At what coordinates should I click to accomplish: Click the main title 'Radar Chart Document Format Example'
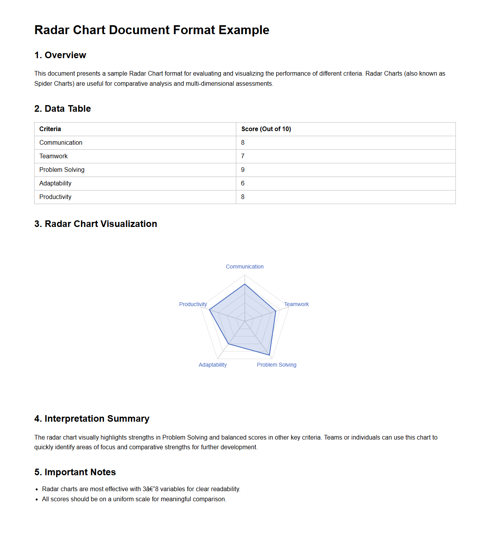(152, 30)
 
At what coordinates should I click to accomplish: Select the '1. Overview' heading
(60, 55)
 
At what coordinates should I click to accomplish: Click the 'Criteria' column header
(50, 129)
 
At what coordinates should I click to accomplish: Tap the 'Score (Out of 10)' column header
(266, 129)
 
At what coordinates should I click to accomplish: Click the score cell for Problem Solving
(243, 170)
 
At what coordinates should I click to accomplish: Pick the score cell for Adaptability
(243, 184)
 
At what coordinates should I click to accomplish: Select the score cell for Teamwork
(243, 156)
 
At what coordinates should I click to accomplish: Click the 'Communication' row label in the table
(61, 143)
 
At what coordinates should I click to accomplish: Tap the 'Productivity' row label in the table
(55, 197)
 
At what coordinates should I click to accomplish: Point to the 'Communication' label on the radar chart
(245, 267)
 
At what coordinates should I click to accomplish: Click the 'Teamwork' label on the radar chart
(296, 304)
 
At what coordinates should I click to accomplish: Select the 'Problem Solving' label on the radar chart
(277, 365)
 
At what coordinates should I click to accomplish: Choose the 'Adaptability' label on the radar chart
(213, 365)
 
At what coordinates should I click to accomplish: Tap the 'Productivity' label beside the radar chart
(193, 304)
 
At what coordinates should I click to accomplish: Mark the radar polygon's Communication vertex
(245, 284)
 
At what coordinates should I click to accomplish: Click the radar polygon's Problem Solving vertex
(269, 355)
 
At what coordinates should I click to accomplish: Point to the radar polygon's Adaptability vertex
(229, 344)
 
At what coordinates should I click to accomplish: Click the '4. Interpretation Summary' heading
(92, 419)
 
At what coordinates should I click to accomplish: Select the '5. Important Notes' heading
(75, 472)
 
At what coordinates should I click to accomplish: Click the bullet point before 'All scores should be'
(37, 500)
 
